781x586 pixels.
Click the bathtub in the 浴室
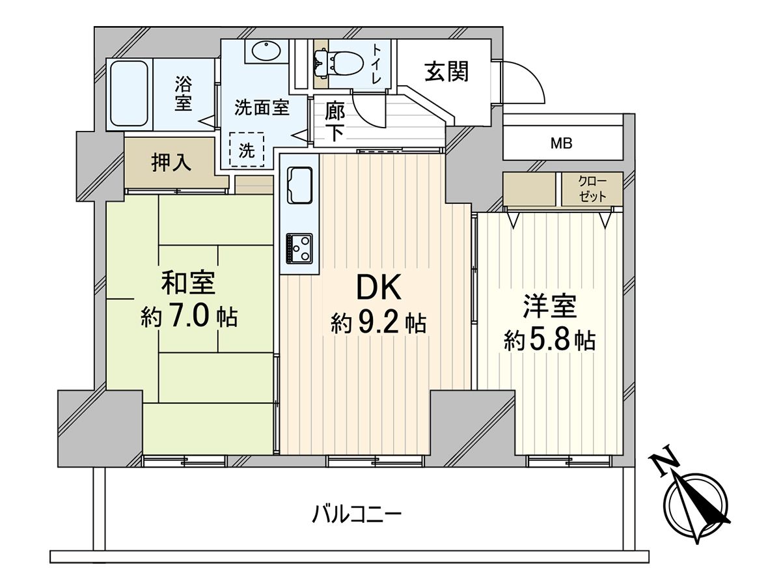pyautogui.click(x=129, y=94)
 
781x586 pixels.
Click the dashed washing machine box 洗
pyautogui.click(x=247, y=150)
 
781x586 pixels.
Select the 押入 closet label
pyautogui.click(x=172, y=163)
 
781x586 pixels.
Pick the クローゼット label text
pyautogui.click(x=592, y=189)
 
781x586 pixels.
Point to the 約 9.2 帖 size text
pyautogui.click(x=378, y=322)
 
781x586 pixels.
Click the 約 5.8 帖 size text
pyautogui.click(x=550, y=340)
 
